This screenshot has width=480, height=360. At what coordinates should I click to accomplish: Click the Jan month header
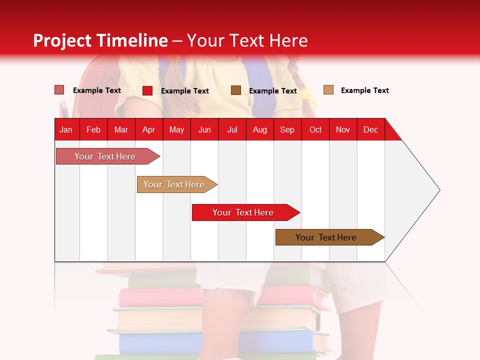pos(66,129)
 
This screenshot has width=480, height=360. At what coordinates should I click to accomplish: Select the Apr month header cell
pos(149,129)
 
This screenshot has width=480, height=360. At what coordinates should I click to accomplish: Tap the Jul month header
pos(232,129)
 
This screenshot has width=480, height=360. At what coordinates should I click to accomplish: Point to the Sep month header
pos(287,129)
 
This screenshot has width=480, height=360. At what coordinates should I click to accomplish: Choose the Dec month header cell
pos(370,129)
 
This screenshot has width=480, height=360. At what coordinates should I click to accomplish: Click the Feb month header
pos(93,129)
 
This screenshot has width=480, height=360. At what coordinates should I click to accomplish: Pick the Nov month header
pos(343,129)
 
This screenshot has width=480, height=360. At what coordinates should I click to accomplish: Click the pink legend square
pos(59,90)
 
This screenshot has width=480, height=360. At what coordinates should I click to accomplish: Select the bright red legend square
pos(147,90)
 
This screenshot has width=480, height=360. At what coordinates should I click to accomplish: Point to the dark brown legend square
pos(236,90)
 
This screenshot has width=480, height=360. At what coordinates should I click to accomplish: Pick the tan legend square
pos(328,90)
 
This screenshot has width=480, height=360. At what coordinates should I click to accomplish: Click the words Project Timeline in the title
pos(100,40)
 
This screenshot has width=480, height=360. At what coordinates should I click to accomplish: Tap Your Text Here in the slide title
pos(247,40)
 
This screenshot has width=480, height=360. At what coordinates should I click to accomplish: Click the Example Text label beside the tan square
pos(364,90)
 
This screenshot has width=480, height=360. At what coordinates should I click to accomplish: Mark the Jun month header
pos(204,129)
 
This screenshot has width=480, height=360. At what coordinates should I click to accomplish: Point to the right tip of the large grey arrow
pos(439,190)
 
